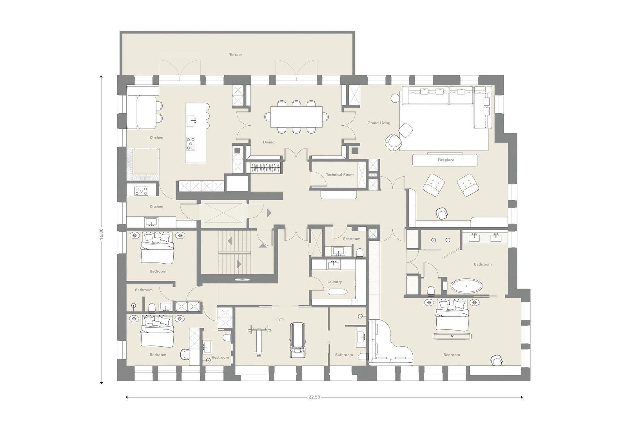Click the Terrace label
(x=236, y=54)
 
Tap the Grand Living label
(x=379, y=123)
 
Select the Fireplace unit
(x=445, y=160)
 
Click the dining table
(x=297, y=117)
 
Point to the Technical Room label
(x=339, y=175)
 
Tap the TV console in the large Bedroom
(x=452, y=336)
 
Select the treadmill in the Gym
(x=297, y=340)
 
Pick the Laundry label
(x=334, y=282)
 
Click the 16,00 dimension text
(x=101, y=233)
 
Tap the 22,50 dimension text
(x=314, y=397)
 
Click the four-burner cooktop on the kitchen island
(x=191, y=143)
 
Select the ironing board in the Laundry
(x=337, y=292)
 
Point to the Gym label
(x=279, y=319)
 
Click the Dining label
(x=269, y=142)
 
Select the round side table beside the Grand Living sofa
(x=394, y=97)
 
